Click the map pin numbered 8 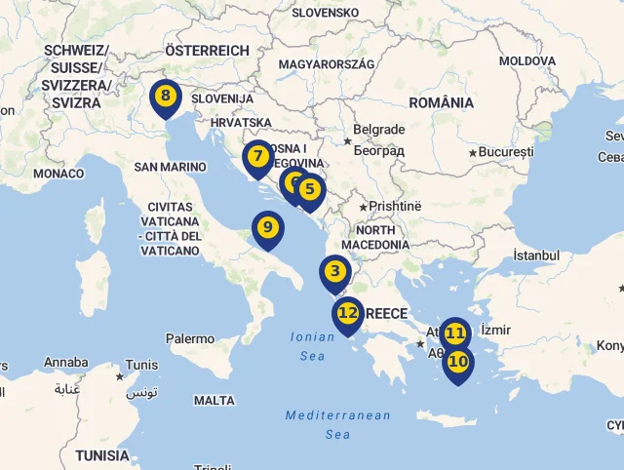166,96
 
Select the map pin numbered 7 257,156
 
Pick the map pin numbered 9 268,228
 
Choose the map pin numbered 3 335,271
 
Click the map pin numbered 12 348,312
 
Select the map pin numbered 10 457,361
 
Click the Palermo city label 189,339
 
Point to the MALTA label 214,401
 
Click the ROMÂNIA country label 442,102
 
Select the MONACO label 58,174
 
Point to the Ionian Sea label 312,347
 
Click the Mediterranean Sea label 337,424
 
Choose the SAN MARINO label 170,167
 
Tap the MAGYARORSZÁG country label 327,64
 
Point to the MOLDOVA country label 526,60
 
